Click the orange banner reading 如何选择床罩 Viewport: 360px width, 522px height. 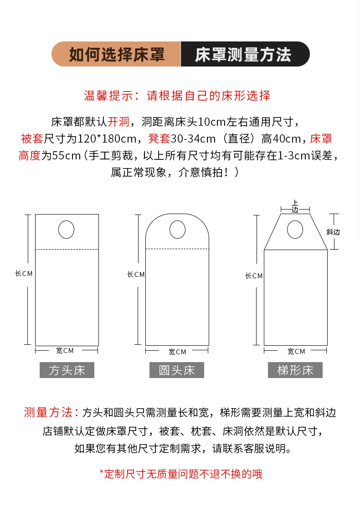[x=116, y=54]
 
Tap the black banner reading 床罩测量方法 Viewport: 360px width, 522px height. [x=245, y=54]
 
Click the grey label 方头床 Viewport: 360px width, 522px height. [x=67, y=370]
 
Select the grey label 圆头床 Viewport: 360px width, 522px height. [x=176, y=370]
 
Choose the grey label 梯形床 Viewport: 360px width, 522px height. [x=295, y=370]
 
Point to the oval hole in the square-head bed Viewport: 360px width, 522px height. [x=66, y=230]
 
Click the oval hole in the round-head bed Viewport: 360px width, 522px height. [x=178, y=230]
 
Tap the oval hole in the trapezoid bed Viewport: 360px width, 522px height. [x=295, y=230]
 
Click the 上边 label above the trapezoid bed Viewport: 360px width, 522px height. [x=295, y=206]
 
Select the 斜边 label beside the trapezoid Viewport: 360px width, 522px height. [x=333, y=232]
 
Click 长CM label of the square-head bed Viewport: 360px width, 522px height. [x=24, y=274]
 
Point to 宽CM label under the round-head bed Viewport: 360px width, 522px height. [x=177, y=352]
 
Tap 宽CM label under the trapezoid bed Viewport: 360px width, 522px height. [x=296, y=352]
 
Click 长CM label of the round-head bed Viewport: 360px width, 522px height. [x=136, y=274]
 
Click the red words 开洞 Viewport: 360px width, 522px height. [x=118, y=122]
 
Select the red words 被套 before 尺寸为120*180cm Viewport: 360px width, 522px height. [x=32, y=138]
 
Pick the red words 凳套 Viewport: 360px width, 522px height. [x=159, y=138]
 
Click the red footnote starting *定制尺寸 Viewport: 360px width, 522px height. [x=181, y=474]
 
